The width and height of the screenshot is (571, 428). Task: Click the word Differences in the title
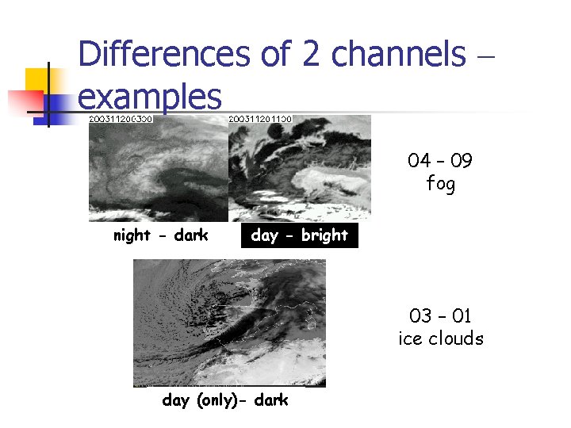165,55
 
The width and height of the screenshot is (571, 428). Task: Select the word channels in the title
398,55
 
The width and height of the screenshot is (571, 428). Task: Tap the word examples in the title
150,97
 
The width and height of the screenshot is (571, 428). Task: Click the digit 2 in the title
310,55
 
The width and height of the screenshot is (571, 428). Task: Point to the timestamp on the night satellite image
121,119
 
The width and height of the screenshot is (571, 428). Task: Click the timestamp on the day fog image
260,119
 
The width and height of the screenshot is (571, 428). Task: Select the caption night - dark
160,235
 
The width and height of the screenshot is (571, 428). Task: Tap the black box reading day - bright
299,235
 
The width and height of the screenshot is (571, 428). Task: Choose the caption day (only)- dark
225,400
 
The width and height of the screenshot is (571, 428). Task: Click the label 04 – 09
440,162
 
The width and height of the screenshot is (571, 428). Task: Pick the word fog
440,185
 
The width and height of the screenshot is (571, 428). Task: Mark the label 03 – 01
440,316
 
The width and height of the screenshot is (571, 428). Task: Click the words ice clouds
440,338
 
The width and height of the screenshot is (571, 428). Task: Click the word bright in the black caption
324,235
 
